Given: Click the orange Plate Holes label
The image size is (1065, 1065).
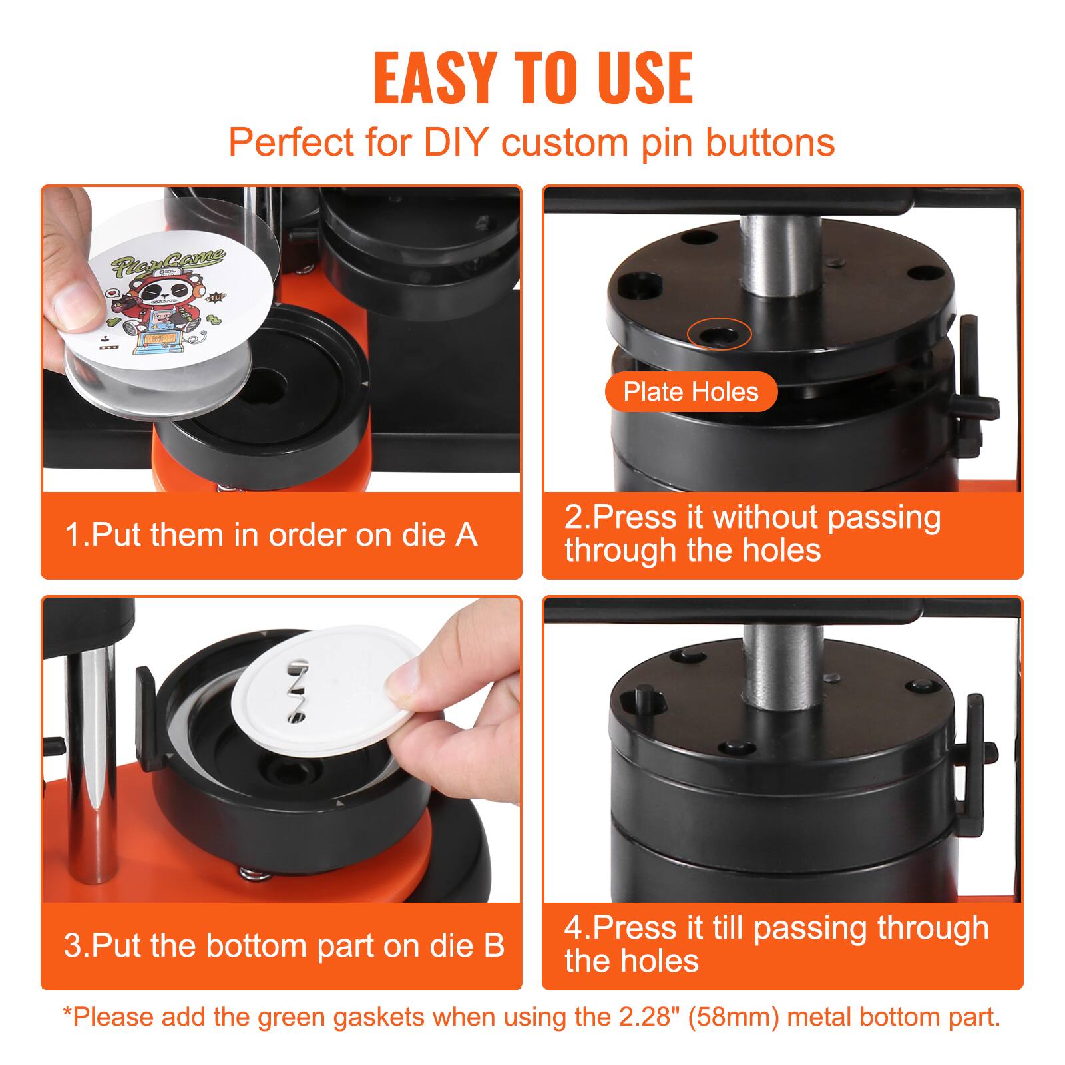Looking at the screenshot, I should [x=691, y=391].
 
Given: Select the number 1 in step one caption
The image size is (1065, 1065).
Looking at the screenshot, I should [x=72, y=535].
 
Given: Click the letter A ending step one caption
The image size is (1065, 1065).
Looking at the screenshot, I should [x=467, y=535].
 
